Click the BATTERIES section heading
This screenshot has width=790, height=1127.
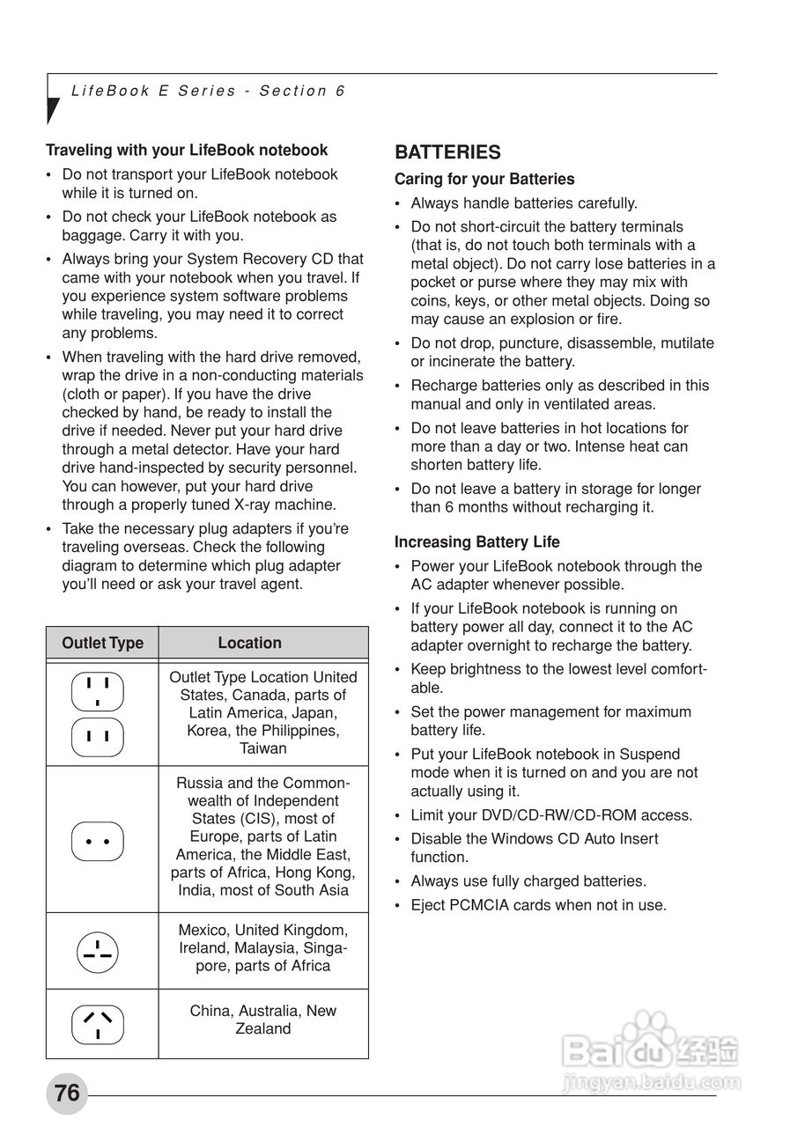[x=447, y=152]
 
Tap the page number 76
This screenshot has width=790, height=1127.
[x=67, y=1093]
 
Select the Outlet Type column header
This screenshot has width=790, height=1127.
[x=102, y=643]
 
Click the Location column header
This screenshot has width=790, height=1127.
[x=249, y=643]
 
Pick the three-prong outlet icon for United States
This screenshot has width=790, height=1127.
[x=98, y=690]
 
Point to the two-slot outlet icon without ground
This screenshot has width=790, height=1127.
[x=98, y=736]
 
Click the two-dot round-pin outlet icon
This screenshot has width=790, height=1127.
[x=97, y=841]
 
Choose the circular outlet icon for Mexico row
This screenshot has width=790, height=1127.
[x=97, y=951]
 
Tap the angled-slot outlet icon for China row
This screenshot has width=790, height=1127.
[x=97, y=1024]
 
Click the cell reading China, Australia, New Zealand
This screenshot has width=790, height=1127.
[x=262, y=1020]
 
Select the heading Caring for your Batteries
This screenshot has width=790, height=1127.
[x=484, y=179]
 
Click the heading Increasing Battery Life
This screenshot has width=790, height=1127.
[x=476, y=541]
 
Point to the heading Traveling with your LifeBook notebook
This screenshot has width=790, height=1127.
[x=187, y=150]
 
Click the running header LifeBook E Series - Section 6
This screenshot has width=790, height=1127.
[x=208, y=91]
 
